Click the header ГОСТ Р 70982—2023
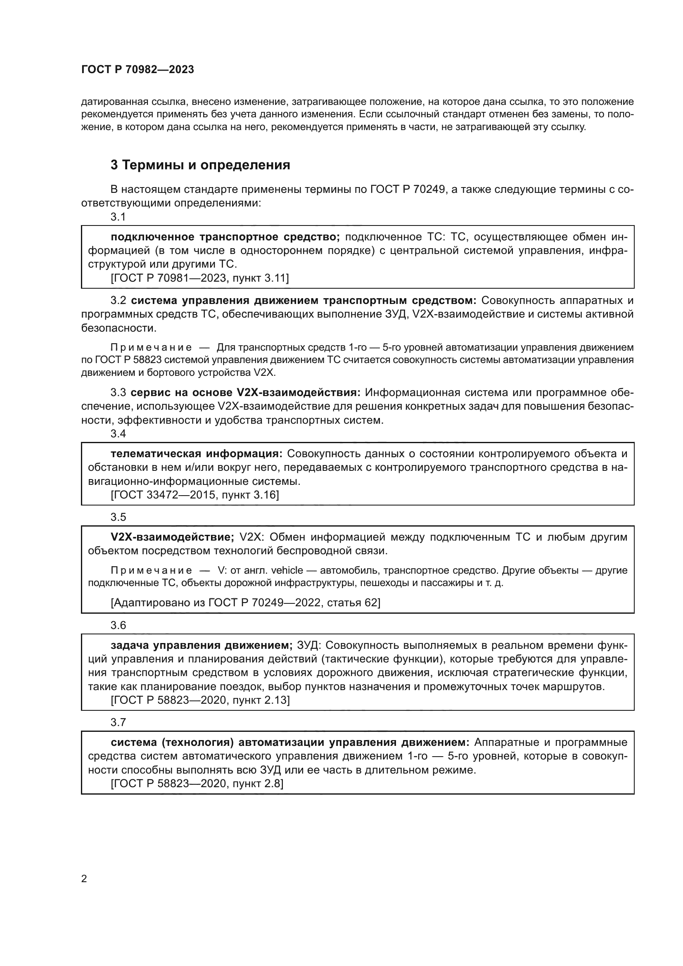[138, 70]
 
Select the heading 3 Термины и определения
[200, 165]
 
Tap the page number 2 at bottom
[84, 879]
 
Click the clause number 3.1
[118, 217]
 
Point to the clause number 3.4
[118, 434]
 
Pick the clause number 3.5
[118, 517]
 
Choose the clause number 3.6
[118, 626]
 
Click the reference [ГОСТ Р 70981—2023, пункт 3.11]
[200, 278]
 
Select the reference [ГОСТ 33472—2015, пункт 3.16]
[195, 495]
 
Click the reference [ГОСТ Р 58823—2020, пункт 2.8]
[197, 784]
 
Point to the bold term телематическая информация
[197, 454]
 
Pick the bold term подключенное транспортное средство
[225, 237]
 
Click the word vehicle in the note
[287, 570]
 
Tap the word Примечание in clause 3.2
[151, 347]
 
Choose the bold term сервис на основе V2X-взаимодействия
[246, 393]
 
